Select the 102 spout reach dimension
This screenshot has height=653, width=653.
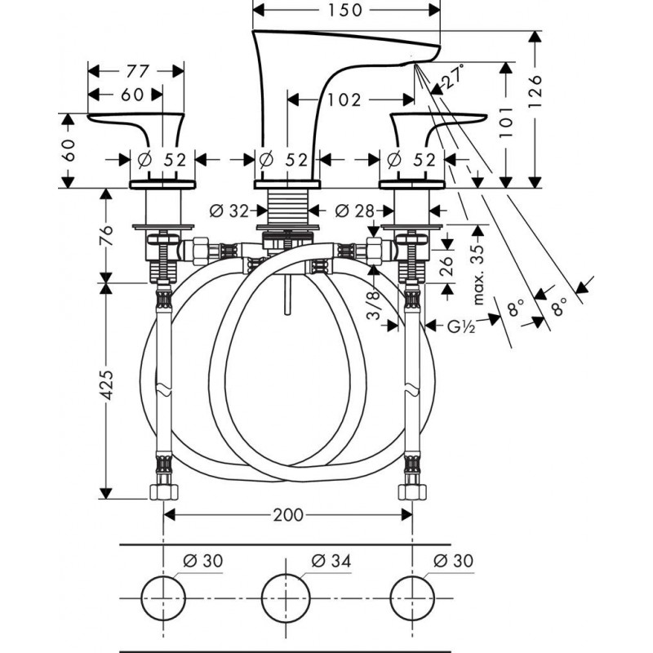(x=344, y=100)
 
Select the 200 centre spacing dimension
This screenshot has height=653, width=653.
(x=288, y=515)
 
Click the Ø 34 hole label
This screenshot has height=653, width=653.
(x=330, y=561)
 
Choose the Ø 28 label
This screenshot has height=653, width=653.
(x=353, y=211)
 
